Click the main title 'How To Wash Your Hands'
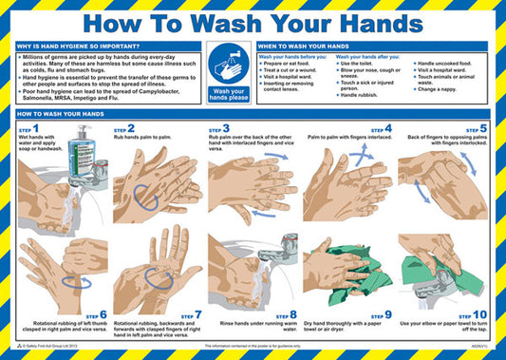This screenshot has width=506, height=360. pos(253,21)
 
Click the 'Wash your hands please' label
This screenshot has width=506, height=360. pos(228,96)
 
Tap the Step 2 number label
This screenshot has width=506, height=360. pos(124,128)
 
